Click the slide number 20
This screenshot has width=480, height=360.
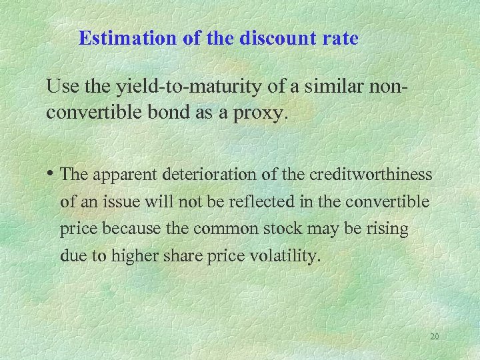coord(434,337)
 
